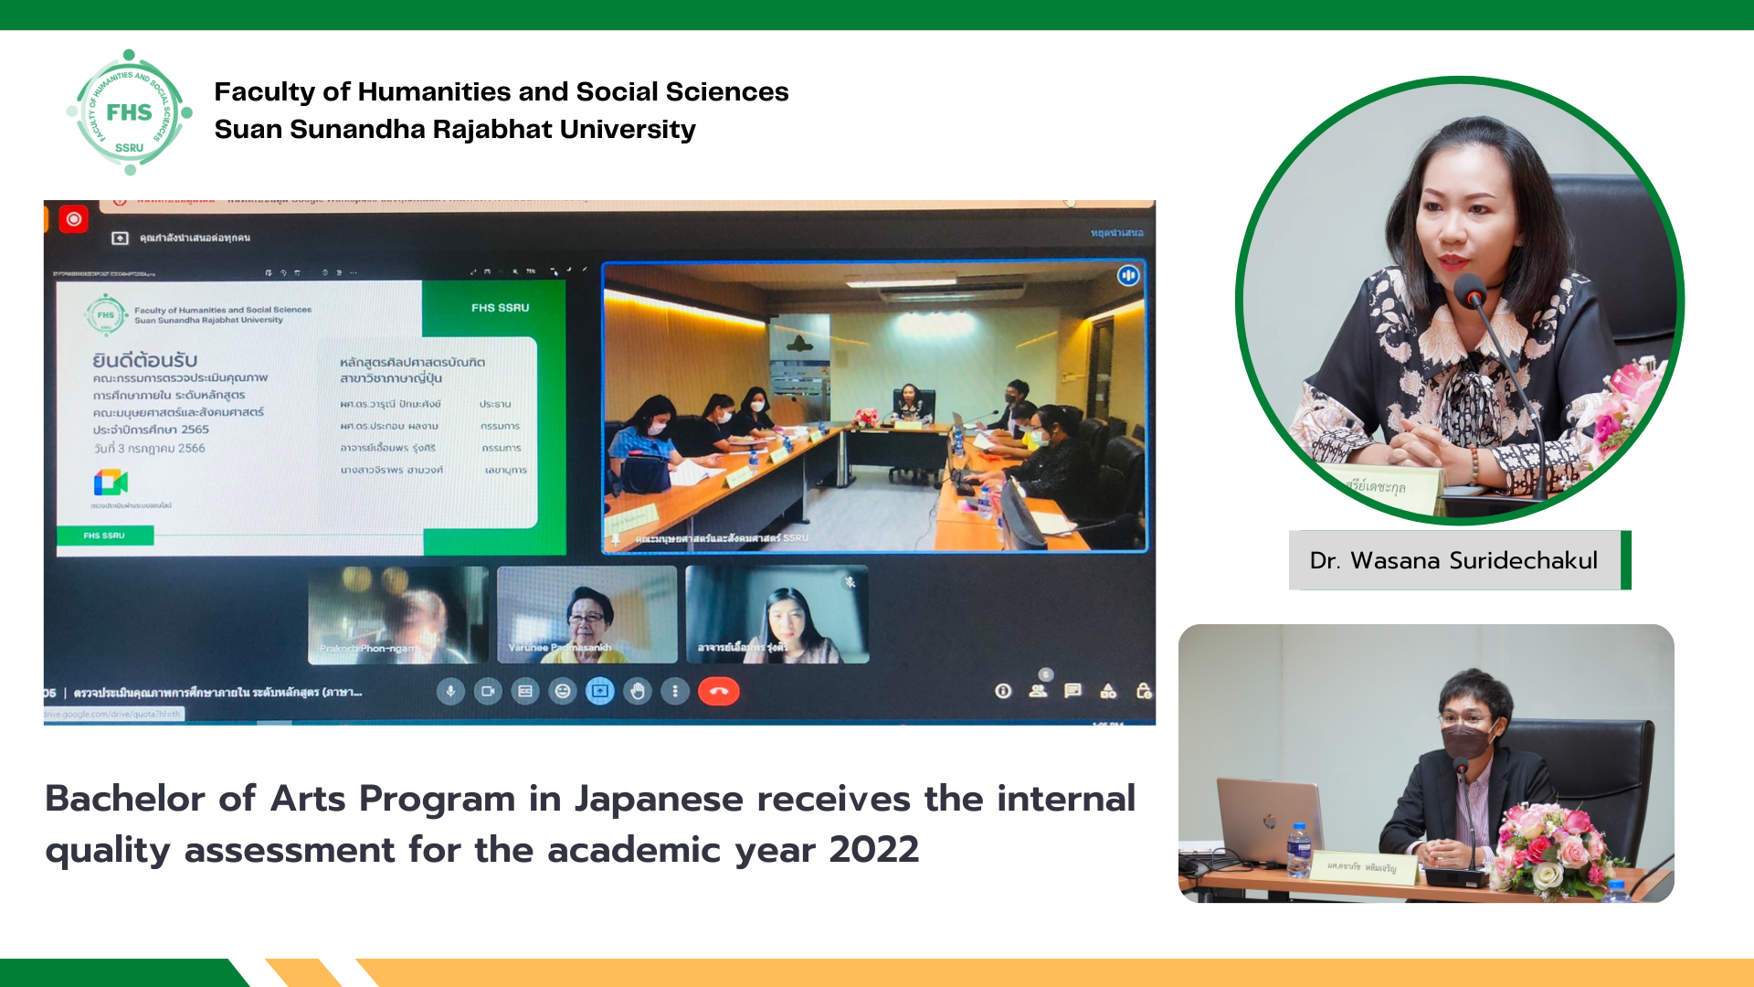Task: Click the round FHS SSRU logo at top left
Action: tap(130, 112)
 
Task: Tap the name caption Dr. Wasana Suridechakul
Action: tap(1453, 560)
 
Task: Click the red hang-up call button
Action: tap(719, 691)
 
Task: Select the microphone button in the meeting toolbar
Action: tap(450, 691)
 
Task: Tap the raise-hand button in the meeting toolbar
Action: tap(638, 691)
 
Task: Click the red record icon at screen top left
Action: tap(74, 219)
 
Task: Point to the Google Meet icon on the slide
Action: tap(111, 482)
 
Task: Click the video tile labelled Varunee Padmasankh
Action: tap(586, 614)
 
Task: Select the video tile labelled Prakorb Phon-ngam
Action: tap(398, 614)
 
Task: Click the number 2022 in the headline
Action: tap(873, 850)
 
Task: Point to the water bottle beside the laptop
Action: tap(1298, 849)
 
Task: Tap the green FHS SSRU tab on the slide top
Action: tap(500, 308)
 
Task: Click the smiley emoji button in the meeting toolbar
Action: tap(563, 691)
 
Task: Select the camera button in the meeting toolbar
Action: tap(488, 691)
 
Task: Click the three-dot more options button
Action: tap(675, 691)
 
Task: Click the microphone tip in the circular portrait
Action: tap(1470, 291)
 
